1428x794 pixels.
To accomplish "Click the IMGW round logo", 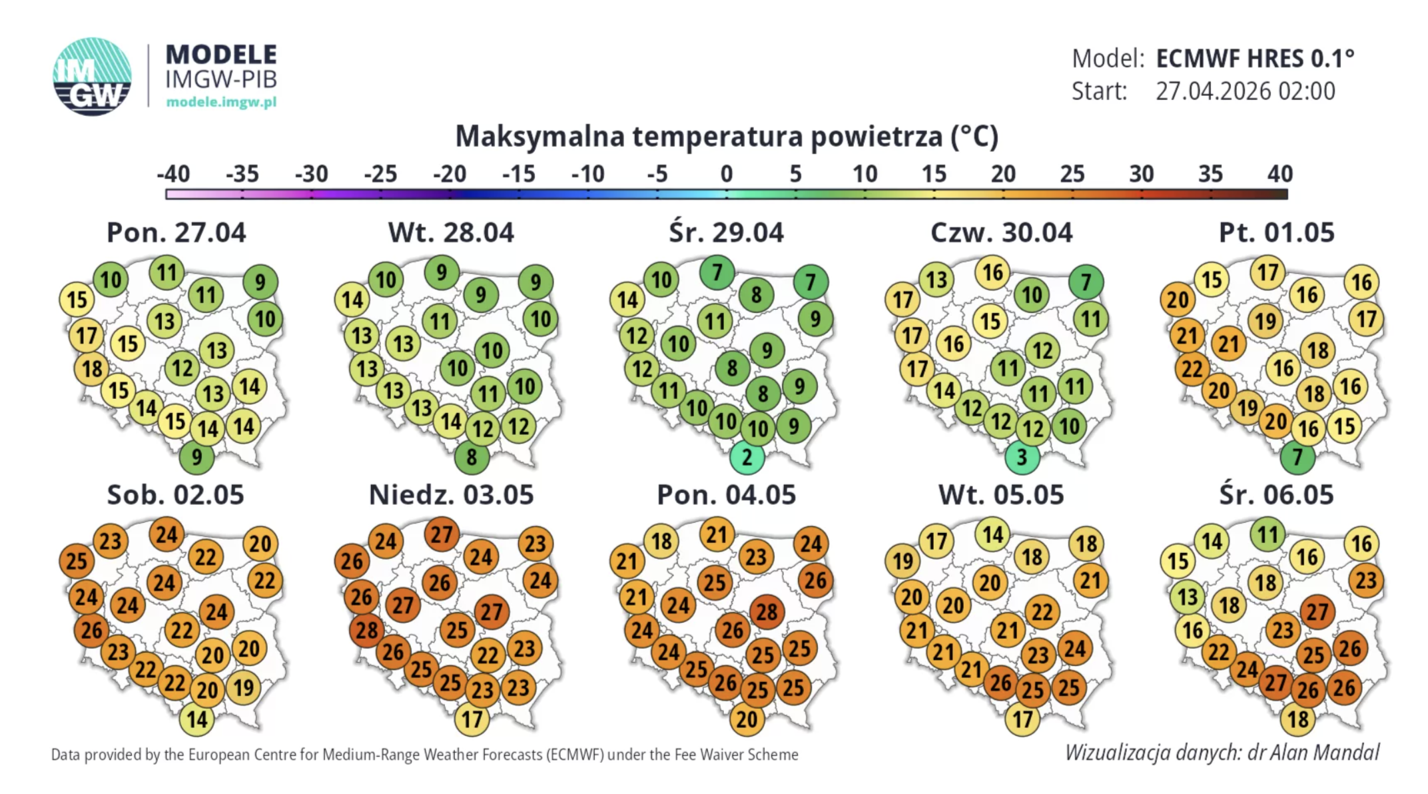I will click(x=92, y=77).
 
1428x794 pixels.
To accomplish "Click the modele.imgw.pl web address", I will click(x=221, y=102).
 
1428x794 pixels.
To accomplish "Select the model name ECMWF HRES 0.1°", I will click(x=1255, y=59).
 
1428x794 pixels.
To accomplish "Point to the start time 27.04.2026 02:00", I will click(x=1245, y=91).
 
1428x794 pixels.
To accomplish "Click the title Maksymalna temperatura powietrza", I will click(x=726, y=137).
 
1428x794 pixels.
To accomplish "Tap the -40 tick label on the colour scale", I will click(x=173, y=175).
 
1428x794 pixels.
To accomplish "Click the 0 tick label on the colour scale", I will click(x=726, y=175).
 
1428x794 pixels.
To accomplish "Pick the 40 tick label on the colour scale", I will click(x=1279, y=175).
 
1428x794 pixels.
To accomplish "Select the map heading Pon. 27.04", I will click(x=176, y=232).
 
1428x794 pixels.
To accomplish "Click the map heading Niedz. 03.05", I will click(x=451, y=495).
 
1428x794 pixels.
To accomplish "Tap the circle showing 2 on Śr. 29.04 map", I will click(x=747, y=458).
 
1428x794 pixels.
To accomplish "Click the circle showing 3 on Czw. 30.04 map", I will click(x=1022, y=458).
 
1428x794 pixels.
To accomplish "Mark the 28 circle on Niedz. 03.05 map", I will click(x=367, y=630).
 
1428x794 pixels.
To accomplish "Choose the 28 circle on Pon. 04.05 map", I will click(x=767, y=611).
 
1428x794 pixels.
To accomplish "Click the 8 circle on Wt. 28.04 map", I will click(x=472, y=458).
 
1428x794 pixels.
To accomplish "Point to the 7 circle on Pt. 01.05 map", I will click(x=1297, y=458).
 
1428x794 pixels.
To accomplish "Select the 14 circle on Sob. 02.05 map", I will click(x=196, y=719).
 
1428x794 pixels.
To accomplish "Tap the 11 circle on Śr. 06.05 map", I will click(x=1267, y=535).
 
